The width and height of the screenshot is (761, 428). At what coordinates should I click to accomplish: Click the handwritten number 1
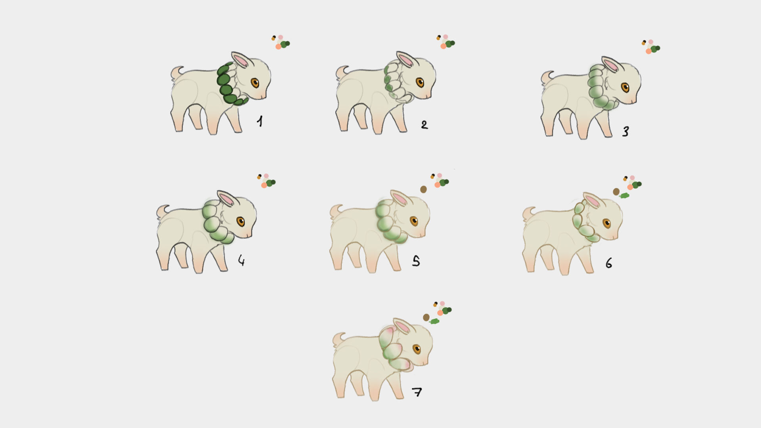[260, 121]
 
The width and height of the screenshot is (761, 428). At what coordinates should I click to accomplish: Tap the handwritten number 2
[424, 125]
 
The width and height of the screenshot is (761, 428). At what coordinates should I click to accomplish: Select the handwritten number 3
[625, 131]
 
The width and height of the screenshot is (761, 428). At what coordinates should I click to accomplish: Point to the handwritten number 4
[241, 260]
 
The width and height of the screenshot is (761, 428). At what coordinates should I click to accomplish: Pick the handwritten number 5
[416, 261]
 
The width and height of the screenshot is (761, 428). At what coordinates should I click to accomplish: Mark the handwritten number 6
[609, 263]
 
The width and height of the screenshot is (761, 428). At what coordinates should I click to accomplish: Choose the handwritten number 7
[417, 392]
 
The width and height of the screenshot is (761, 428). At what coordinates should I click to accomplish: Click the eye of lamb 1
[255, 83]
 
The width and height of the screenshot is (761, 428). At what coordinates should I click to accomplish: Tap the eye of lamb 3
[625, 87]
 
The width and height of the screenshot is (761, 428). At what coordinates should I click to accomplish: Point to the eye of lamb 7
[417, 349]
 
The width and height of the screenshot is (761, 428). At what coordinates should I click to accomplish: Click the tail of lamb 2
[341, 73]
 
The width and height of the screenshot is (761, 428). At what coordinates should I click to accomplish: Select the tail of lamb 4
[162, 211]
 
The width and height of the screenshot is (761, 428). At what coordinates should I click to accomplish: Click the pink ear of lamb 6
[592, 201]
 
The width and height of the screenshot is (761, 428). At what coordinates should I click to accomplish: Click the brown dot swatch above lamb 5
[423, 189]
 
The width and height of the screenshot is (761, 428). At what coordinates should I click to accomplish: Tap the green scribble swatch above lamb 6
[624, 195]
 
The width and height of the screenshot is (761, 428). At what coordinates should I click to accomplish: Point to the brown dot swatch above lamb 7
[426, 317]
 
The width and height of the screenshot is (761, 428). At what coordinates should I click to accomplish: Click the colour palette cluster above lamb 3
[651, 47]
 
